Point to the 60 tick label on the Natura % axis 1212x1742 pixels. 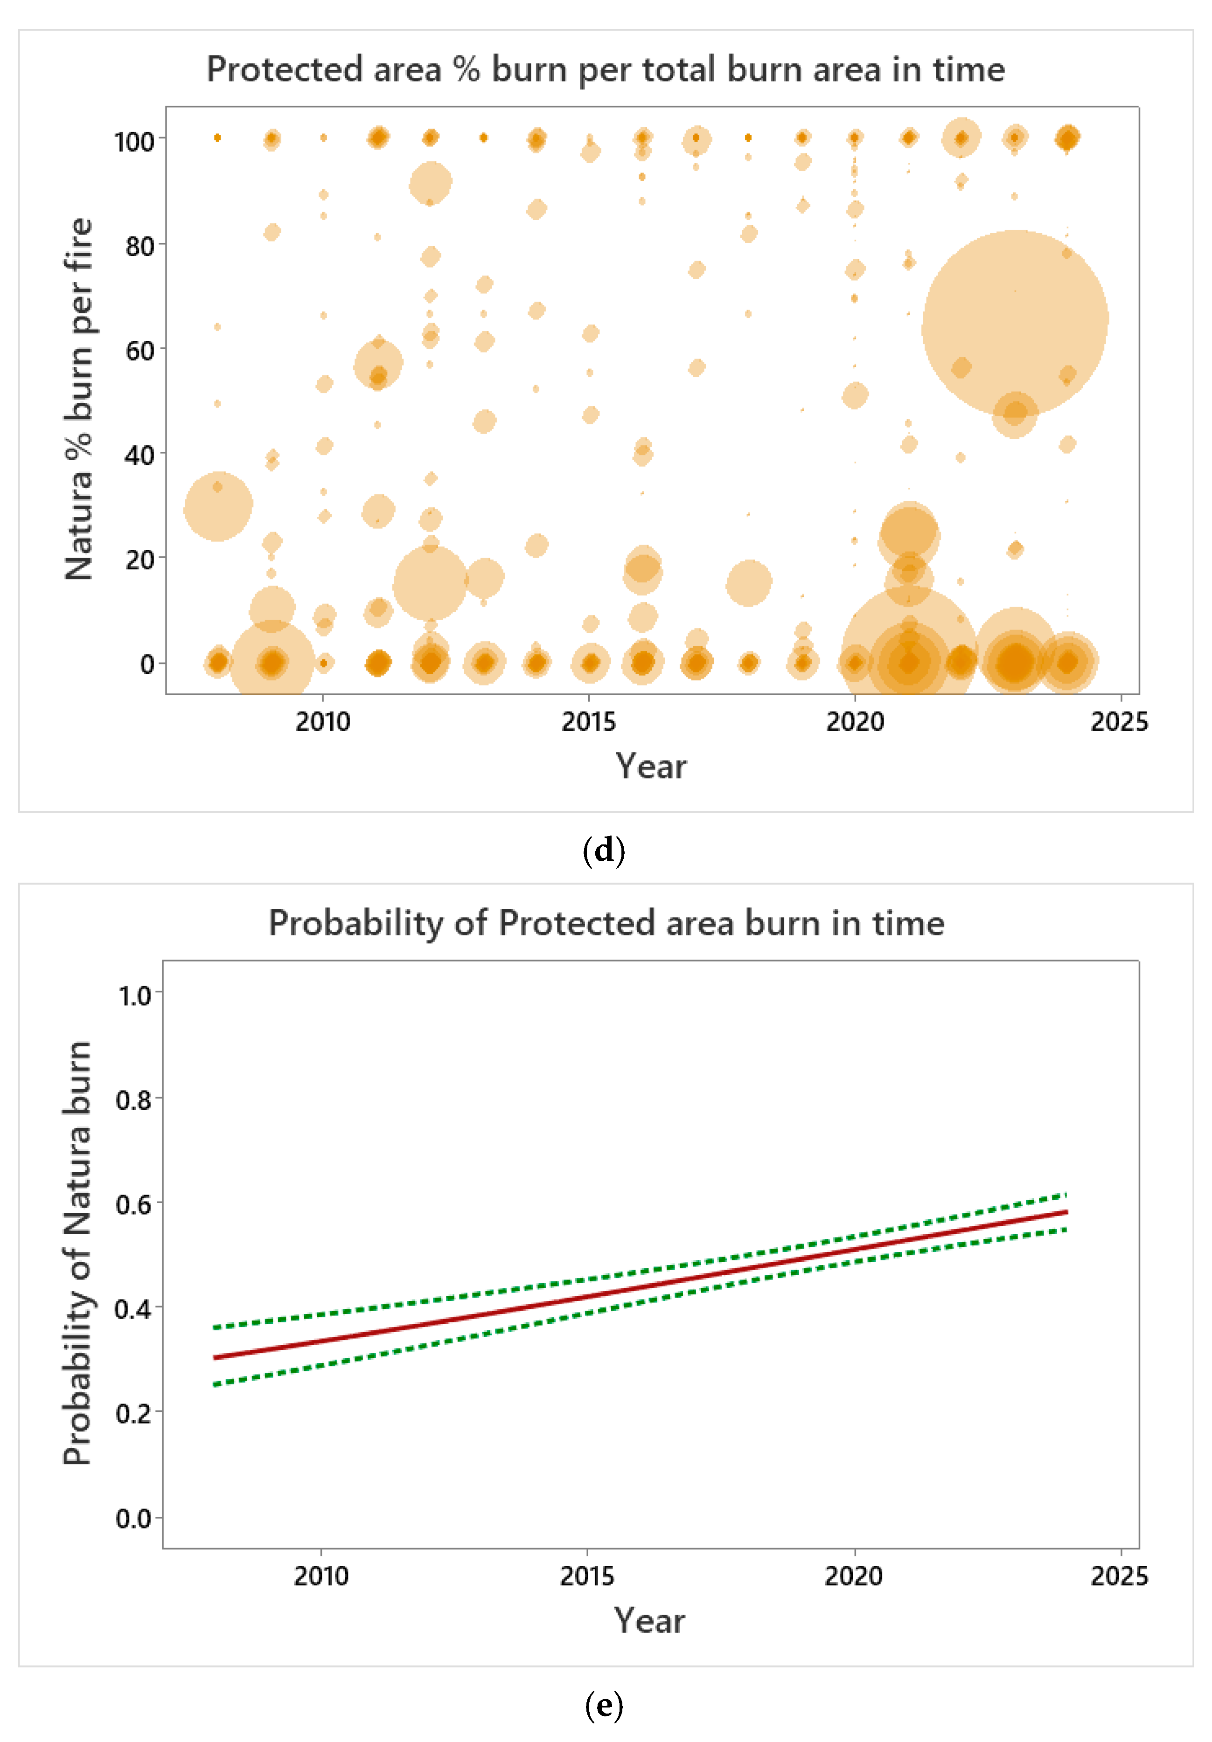[139, 351]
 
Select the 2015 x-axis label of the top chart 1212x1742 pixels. [588, 721]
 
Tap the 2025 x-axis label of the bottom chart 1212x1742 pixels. [1119, 1576]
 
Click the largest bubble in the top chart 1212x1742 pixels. [1015, 323]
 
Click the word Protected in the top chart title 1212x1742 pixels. [285, 70]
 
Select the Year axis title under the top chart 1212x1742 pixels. [650, 766]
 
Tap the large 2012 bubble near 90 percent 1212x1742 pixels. [430, 183]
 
